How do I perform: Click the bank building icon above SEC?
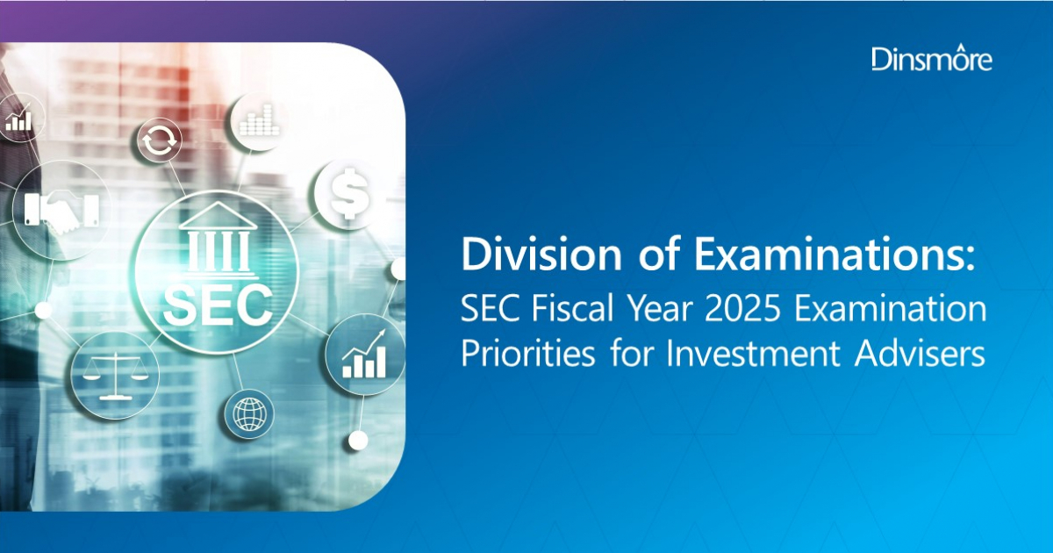[217, 239]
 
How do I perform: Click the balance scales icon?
[104, 373]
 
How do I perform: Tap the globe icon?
[248, 413]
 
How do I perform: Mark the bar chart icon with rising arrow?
[362, 355]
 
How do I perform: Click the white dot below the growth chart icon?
[357, 440]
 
